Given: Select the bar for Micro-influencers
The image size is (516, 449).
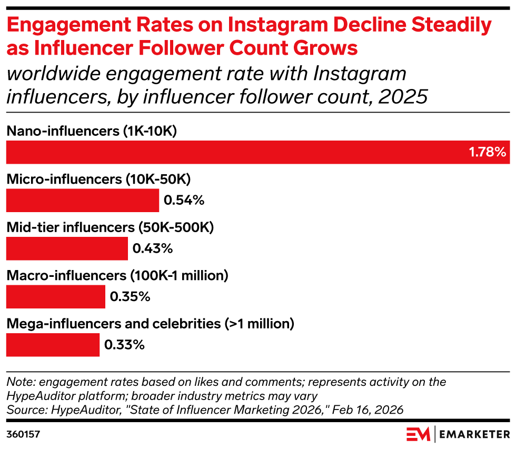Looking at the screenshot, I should click(x=82, y=200).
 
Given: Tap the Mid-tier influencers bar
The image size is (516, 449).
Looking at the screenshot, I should click(x=67, y=248).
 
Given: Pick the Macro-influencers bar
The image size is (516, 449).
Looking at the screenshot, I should click(x=55, y=297).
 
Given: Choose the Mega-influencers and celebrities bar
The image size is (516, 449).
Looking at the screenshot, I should click(x=53, y=345).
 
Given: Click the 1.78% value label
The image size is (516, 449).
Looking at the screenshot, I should click(x=487, y=153).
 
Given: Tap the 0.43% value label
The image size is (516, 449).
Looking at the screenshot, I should click(x=153, y=248).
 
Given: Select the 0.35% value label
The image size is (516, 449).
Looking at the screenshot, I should click(x=130, y=297).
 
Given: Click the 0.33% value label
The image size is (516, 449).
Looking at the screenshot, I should click(x=124, y=345).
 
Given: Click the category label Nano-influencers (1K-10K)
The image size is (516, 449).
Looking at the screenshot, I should click(x=91, y=131).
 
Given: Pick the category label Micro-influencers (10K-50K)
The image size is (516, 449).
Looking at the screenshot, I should click(x=98, y=179).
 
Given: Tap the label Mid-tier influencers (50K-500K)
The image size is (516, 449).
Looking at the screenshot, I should click(x=110, y=227).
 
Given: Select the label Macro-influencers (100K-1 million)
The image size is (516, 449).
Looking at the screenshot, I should click(x=117, y=275).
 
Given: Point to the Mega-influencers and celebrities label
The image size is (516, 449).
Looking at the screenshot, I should click(x=150, y=324).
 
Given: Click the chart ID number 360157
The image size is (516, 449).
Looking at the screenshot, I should click(x=23, y=434).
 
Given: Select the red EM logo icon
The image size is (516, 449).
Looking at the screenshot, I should click(x=418, y=434).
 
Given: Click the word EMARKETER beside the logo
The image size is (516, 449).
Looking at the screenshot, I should click(x=474, y=434).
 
